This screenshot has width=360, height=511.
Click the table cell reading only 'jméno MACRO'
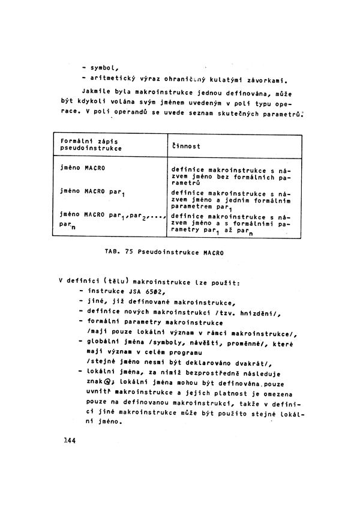point(83,168)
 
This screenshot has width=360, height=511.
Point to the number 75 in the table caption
point(130,253)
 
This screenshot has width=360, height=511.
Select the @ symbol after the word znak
point(107,381)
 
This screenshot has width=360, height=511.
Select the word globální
point(106,342)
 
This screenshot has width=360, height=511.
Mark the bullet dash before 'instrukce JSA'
point(81,291)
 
